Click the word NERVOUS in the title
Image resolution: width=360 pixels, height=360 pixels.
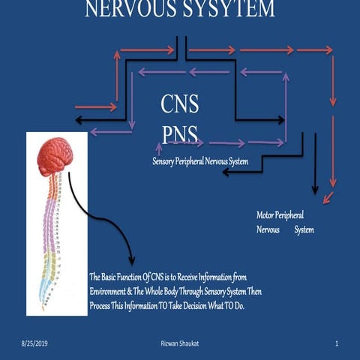(127, 9)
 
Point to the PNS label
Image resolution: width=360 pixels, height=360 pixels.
(180, 134)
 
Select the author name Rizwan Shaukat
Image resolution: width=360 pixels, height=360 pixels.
(181, 343)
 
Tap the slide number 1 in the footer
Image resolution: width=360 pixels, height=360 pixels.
(337, 343)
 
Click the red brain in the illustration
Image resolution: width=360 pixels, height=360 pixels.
(56, 157)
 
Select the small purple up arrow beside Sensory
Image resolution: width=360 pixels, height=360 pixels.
(158, 148)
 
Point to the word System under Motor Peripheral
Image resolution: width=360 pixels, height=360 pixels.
(304, 229)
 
